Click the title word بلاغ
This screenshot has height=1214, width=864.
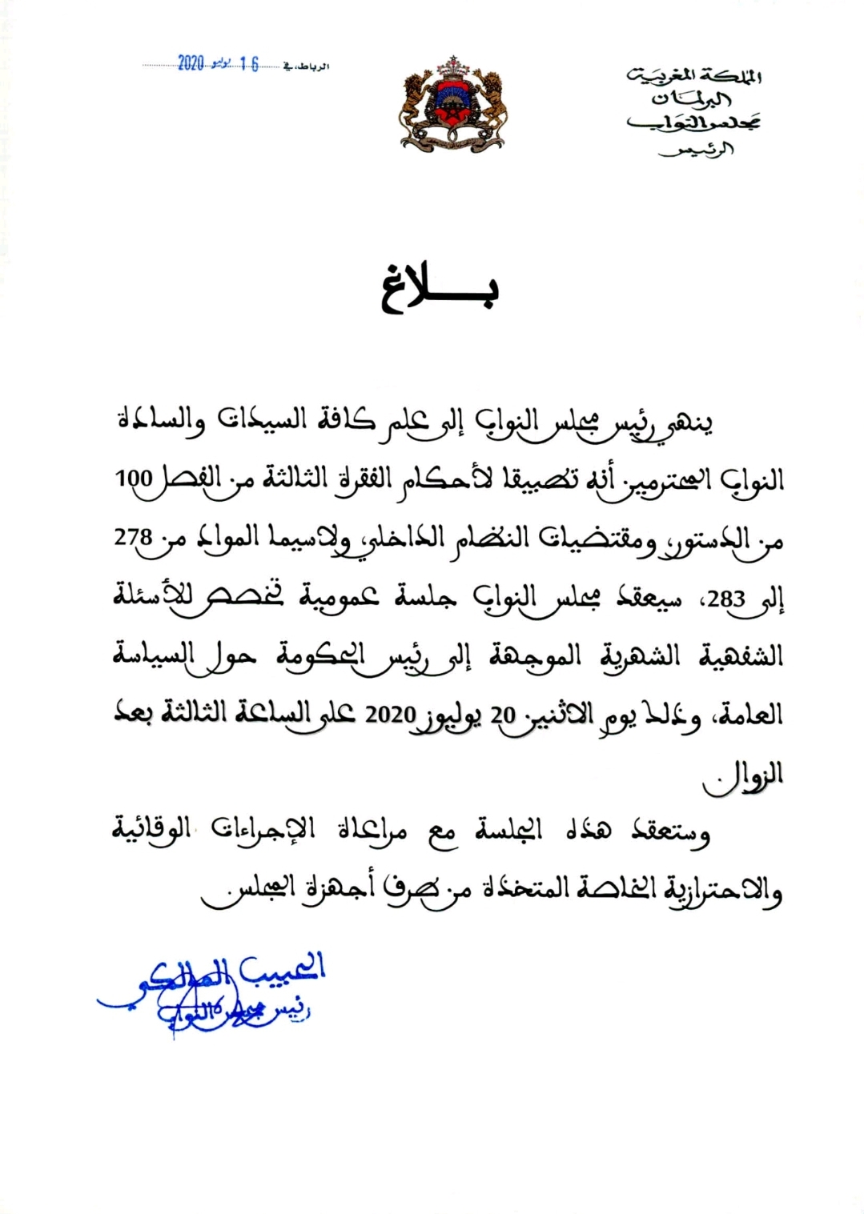440,291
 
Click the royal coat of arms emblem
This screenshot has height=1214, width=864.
452,104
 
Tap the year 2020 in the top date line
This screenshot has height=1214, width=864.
191,64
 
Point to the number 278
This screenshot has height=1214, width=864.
132,537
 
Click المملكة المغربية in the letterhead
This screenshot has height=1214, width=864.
694,76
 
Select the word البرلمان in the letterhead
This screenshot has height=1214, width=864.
692,99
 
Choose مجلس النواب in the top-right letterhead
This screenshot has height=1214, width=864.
693,122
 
